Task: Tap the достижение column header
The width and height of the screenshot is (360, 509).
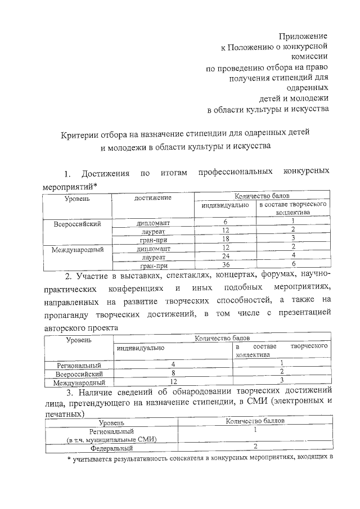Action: pyautogui.click(x=153, y=197)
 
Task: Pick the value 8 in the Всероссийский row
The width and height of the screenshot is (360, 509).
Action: pyautogui.click(x=173, y=373)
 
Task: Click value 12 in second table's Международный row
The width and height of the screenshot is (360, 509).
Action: pyautogui.click(x=173, y=382)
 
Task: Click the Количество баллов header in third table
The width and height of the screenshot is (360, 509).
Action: pyautogui.click(x=255, y=420)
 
